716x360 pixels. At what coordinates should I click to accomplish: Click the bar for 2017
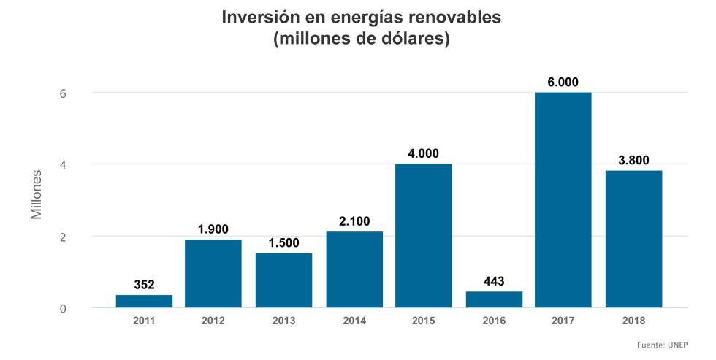pos(563,200)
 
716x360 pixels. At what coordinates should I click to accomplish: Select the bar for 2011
pos(144,301)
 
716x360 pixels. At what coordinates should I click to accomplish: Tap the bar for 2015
pos(423,235)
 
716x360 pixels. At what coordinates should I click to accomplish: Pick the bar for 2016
pos(494,299)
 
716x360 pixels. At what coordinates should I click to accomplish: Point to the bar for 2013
pos(283,280)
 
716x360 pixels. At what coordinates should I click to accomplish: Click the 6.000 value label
pos(563,83)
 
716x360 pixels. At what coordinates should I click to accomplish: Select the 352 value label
pos(144,285)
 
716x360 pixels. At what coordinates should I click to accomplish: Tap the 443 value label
pos(494,281)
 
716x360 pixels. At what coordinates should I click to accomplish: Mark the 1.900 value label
pos(213,229)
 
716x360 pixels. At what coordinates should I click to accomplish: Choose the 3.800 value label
pos(633,161)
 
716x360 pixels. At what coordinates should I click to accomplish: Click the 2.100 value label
pos(354,221)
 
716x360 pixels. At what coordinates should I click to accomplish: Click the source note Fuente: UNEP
pos(662,345)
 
